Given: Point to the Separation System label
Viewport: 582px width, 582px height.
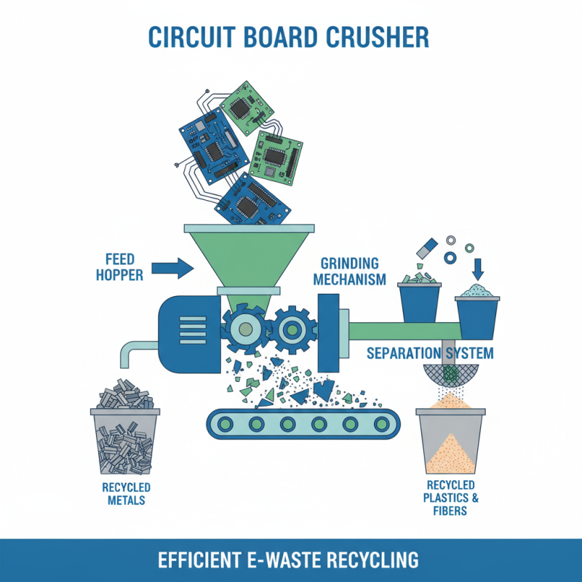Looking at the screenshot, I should click(x=430, y=354).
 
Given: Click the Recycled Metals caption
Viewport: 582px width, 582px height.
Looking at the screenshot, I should click(x=124, y=493).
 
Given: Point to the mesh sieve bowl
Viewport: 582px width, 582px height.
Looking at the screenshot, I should click(x=451, y=376).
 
